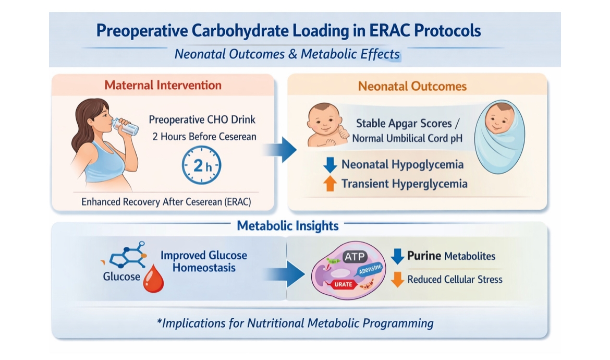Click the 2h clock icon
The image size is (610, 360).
tap(202, 165)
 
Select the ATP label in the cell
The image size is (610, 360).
tap(355, 257)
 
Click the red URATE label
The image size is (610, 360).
tap(343, 284)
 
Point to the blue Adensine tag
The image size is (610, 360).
tap(370, 269)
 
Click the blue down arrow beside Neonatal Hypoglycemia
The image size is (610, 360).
tap(330, 165)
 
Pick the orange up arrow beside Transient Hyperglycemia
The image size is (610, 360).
tap(330, 183)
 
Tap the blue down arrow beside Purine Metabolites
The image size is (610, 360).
tap(397, 257)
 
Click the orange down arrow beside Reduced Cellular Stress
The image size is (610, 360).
tap(397, 280)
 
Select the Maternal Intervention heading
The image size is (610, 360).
tap(163, 85)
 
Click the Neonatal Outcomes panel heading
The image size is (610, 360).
tap(412, 86)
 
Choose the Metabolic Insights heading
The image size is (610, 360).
tap(287, 226)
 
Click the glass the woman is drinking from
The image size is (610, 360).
tap(125, 127)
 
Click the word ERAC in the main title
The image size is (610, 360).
tap(389, 31)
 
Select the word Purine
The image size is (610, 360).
tap(424, 256)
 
